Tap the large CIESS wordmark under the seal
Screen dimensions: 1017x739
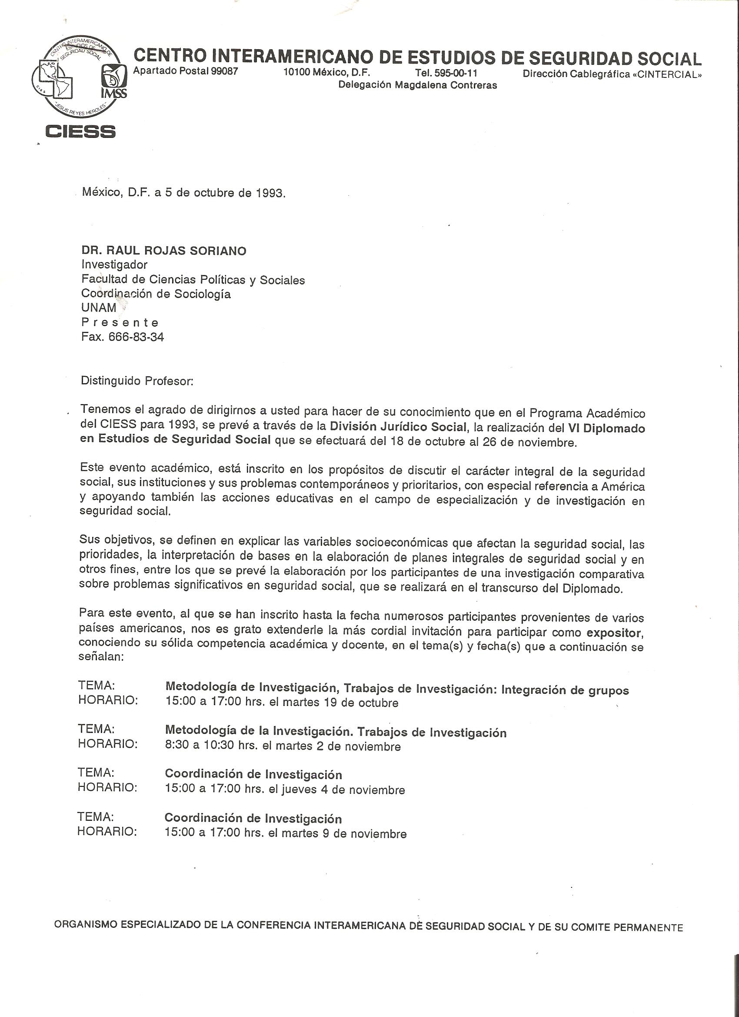(x=81, y=131)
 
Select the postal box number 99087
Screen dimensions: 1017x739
(x=223, y=71)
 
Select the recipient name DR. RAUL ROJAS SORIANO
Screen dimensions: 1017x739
(x=163, y=251)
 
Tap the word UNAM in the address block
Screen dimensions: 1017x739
(x=99, y=308)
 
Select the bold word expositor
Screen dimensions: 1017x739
(x=615, y=633)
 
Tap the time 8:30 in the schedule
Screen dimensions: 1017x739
(x=176, y=746)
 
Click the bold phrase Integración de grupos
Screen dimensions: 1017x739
(x=565, y=690)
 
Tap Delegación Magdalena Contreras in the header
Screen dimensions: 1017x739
(x=417, y=85)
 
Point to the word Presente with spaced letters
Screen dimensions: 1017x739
(x=120, y=322)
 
